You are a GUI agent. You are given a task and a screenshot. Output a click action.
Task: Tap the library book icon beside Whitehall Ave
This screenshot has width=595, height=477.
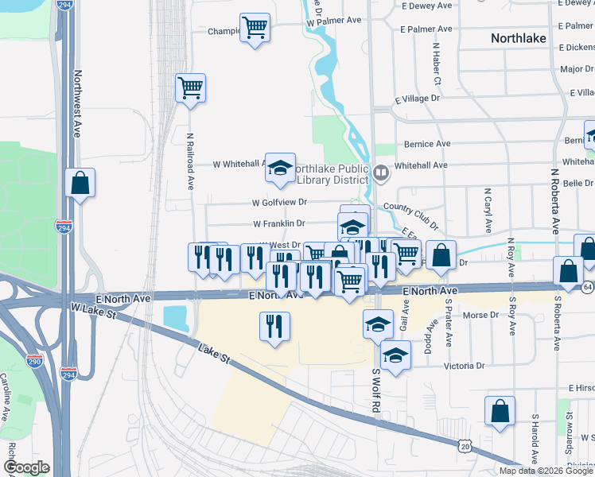coord(381,173)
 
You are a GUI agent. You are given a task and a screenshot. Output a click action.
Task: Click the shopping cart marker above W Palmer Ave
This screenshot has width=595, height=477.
coord(255,28)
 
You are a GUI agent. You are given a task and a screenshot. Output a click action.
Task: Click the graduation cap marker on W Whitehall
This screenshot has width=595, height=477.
coord(280,167)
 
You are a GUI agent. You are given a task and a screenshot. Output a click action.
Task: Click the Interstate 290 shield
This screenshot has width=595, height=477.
coord(34,361)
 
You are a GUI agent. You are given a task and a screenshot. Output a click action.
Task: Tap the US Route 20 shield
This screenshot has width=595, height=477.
coord(464,448)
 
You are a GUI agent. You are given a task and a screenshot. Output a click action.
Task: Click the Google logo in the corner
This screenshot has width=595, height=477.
coord(26,467)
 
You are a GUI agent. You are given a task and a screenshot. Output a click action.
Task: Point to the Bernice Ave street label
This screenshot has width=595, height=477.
coord(427,144)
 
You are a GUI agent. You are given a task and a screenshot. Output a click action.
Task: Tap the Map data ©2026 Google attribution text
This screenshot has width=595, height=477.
coord(546,471)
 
